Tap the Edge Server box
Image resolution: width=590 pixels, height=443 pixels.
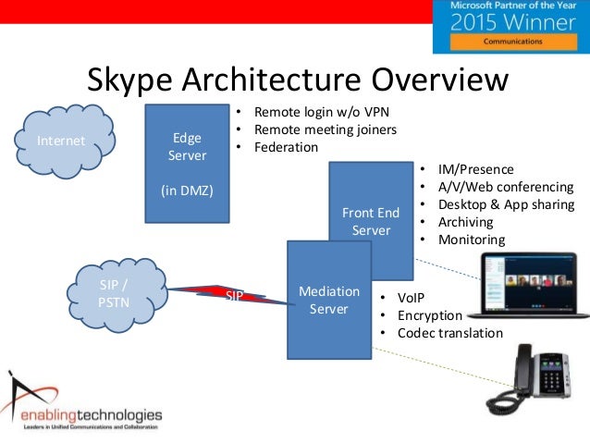coord(187,165)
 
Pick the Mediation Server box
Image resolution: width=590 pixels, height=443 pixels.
coord(328,301)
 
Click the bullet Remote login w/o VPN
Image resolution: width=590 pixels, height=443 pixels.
coord(314,112)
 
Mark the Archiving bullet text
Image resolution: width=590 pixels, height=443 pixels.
coord(466,222)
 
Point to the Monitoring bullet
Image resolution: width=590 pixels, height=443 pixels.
coord(472,240)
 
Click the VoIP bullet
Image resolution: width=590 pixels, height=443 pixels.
coord(413,298)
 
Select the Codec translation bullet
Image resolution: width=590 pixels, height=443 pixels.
coord(450,333)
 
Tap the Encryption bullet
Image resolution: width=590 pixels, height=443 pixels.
coord(430,315)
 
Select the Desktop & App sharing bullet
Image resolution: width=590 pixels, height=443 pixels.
coord(506,204)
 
